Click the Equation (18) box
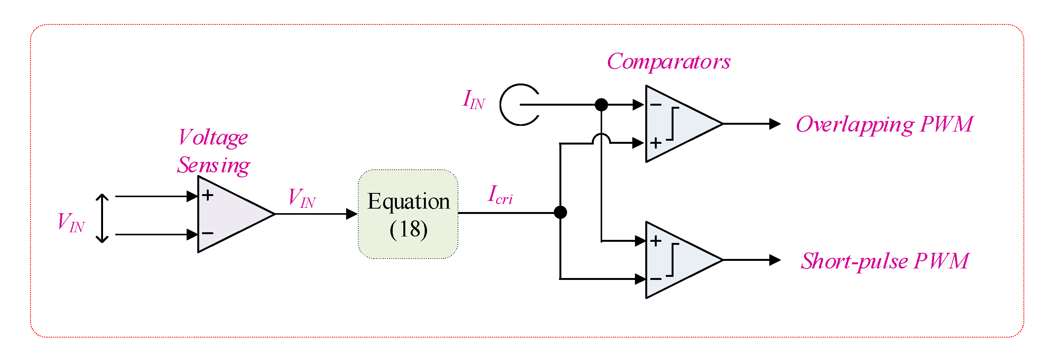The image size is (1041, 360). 408,214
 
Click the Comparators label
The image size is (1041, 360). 669,62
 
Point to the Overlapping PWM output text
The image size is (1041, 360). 884,124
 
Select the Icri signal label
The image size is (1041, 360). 500,195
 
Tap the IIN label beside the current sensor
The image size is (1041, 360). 473,100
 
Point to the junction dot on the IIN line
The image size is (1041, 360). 601,104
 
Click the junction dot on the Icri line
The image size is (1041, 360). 560,212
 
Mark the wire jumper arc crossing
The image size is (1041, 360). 601,138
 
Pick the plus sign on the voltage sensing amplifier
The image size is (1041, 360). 208,196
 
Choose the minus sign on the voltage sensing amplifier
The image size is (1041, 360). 208,233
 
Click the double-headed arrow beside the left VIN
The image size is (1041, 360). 102,218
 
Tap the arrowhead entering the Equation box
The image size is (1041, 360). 351,214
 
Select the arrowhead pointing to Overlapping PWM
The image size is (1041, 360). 774,124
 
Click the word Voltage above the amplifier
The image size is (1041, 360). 213,138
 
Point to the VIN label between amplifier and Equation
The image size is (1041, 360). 301,198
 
